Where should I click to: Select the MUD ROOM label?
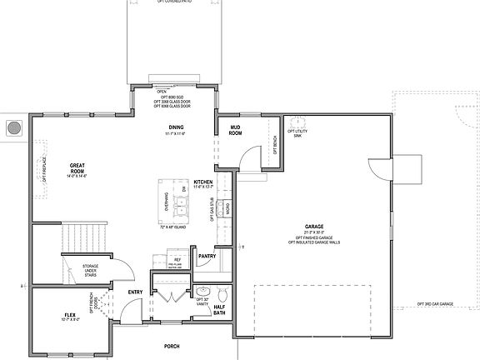tap(235, 130)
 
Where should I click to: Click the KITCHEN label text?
tap(202, 182)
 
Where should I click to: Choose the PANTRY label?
tap(207, 256)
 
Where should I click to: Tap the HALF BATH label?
tap(220, 309)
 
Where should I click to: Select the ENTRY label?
tap(134, 292)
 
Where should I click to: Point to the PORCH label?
tap(171, 346)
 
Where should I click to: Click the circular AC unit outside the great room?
tap(12, 129)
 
